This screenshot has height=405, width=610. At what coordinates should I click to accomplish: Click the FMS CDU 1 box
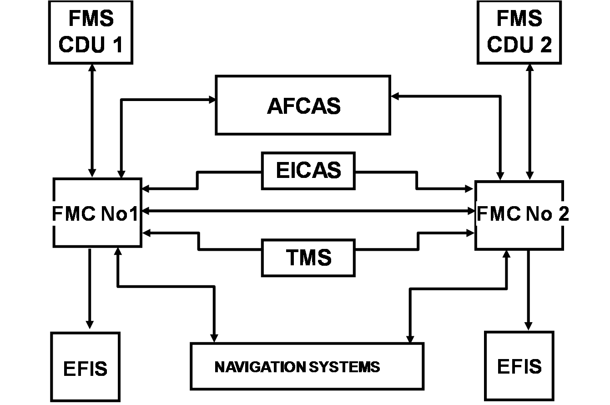91,32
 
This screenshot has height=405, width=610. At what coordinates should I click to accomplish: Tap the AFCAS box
303,106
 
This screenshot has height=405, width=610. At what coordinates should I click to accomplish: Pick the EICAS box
308,171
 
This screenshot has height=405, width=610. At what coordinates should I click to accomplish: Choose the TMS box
308,258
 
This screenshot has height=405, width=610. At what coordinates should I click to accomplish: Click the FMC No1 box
96,213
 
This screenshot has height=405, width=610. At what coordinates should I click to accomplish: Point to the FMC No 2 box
519,215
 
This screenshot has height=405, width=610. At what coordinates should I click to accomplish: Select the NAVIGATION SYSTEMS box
307,366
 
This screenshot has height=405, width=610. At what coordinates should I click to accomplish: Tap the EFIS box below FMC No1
86,367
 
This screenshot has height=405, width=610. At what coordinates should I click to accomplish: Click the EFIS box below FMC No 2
519,366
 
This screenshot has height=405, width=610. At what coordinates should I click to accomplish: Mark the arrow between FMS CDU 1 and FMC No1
92,120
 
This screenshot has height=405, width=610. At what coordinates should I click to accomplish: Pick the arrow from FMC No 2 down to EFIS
528,289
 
